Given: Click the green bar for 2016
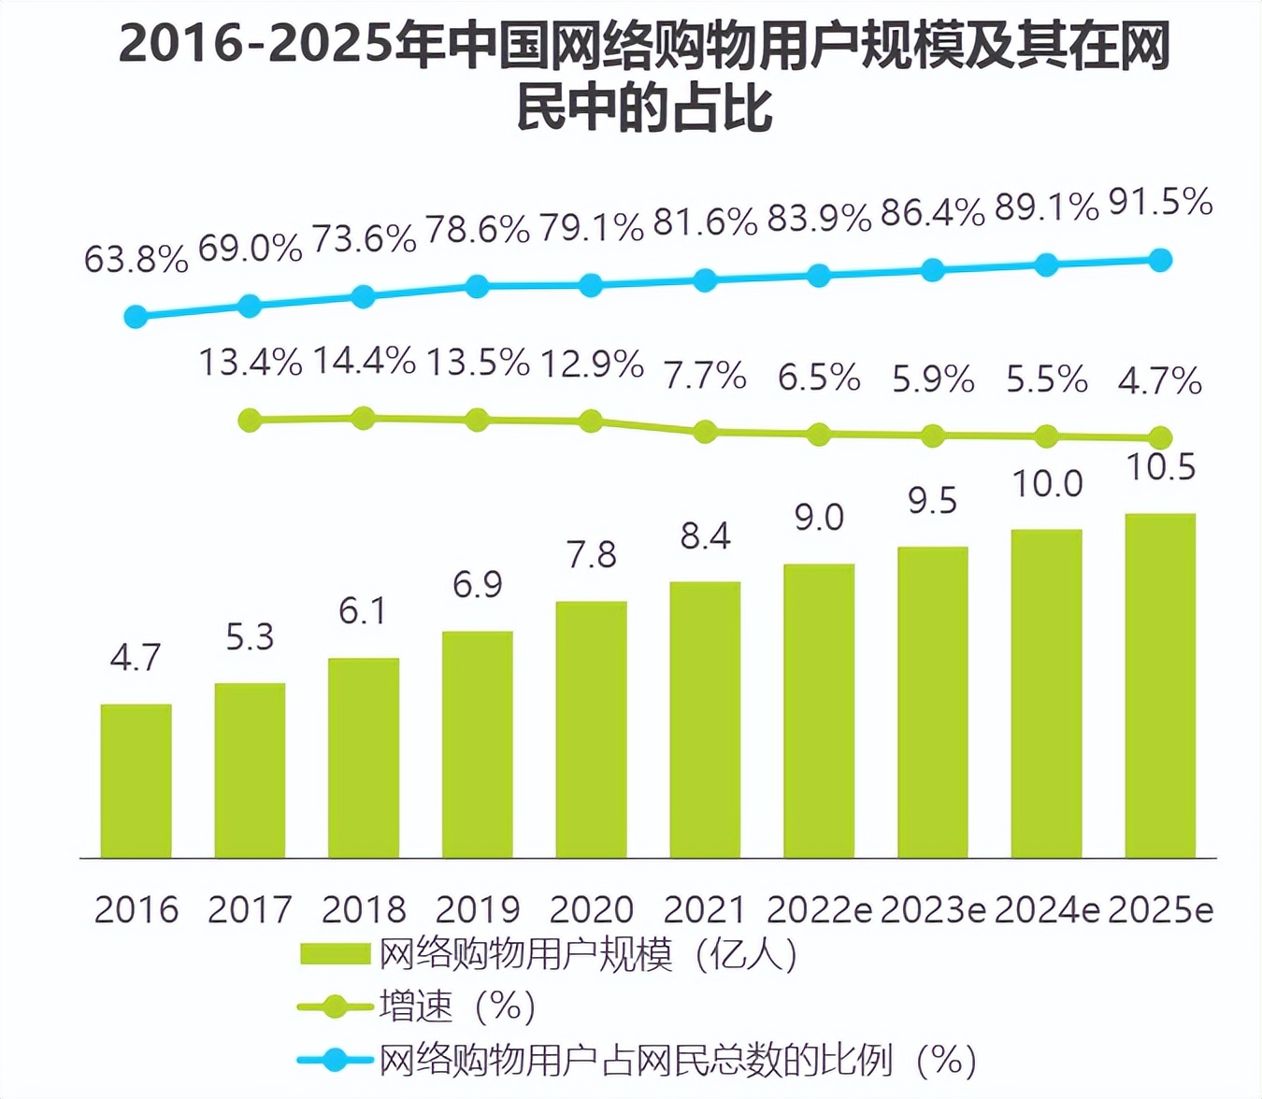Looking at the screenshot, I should click(136, 780).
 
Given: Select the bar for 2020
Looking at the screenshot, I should click(591, 729).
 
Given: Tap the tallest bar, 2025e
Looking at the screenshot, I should click(1160, 685).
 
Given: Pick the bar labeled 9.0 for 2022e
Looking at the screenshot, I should click(819, 710).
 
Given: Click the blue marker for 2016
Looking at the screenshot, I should click(136, 317).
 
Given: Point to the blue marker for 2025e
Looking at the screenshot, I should click(1160, 260).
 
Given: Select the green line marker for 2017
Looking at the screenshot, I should click(250, 421).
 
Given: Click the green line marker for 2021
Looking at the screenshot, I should click(705, 432).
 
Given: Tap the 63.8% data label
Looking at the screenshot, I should click(136, 260).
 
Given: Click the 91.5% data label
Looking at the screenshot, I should click(1160, 202).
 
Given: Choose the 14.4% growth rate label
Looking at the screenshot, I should click(364, 361).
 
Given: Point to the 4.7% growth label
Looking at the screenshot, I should click(1160, 380).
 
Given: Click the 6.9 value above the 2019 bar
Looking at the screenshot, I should click(477, 585).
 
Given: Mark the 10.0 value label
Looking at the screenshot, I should click(1047, 484).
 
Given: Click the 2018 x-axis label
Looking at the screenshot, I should click(364, 909).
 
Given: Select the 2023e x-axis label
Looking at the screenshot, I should click(933, 909).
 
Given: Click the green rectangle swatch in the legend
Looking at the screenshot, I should click(335, 954).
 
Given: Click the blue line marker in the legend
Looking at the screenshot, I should click(334, 1060).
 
